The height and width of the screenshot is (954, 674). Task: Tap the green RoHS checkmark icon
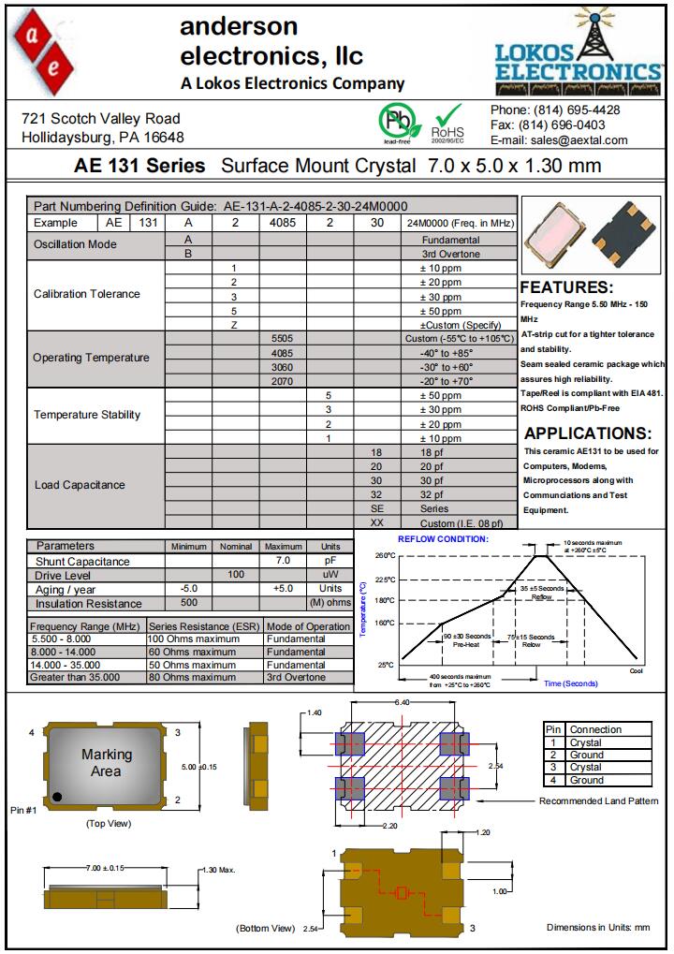(x=448, y=116)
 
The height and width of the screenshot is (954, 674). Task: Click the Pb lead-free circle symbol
(x=395, y=120)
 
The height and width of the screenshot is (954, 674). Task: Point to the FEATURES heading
(x=566, y=287)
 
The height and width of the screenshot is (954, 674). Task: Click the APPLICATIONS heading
(x=588, y=433)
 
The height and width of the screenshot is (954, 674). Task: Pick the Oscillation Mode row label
(x=75, y=244)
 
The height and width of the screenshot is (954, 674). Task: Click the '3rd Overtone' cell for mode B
(x=450, y=254)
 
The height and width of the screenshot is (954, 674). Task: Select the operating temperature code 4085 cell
(x=282, y=353)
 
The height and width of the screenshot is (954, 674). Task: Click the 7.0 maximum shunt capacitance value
(x=283, y=560)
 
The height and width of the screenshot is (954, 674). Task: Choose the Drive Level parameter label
(x=64, y=574)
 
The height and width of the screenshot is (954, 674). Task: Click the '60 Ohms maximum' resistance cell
(x=193, y=652)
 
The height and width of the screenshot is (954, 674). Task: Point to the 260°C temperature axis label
(x=385, y=556)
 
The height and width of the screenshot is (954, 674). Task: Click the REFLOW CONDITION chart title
(x=443, y=539)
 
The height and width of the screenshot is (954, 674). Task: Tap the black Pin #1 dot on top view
(x=57, y=797)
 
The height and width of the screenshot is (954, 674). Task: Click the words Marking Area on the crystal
(x=107, y=762)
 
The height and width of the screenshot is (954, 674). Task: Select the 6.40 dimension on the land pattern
(x=403, y=701)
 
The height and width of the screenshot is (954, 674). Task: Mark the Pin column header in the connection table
(x=553, y=729)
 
